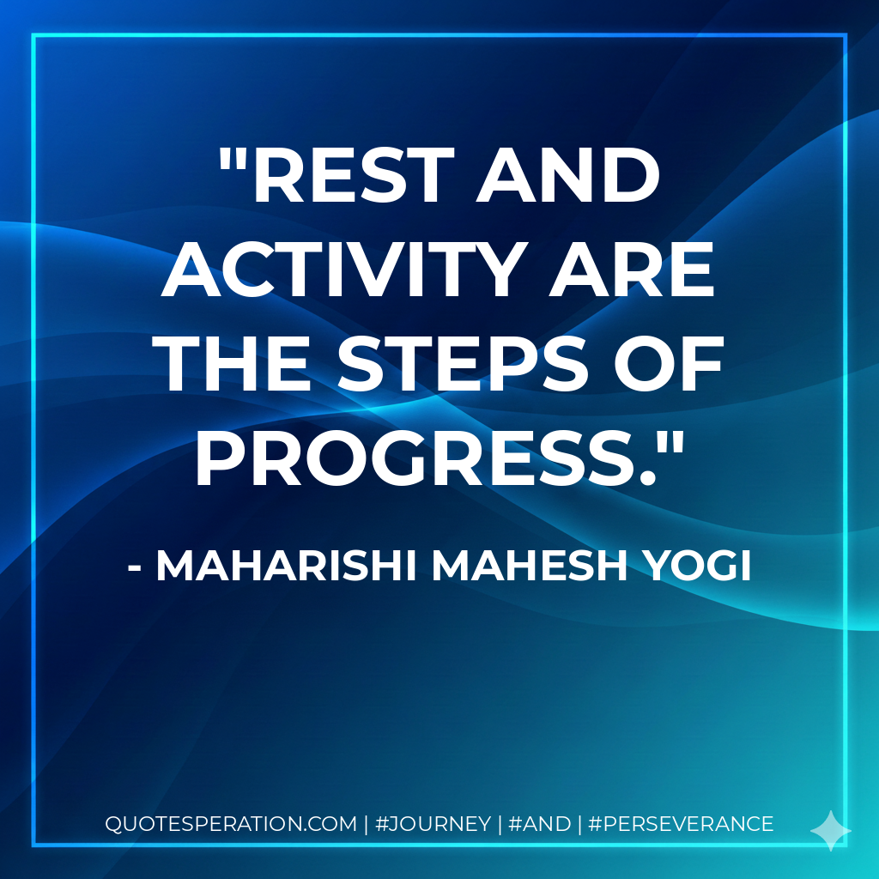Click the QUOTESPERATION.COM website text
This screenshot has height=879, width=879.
tap(230, 824)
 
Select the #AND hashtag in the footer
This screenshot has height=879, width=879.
tap(539, 824)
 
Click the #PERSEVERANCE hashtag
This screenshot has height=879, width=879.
tap(682, 824)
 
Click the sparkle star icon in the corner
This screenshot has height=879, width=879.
tap(830, 830)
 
